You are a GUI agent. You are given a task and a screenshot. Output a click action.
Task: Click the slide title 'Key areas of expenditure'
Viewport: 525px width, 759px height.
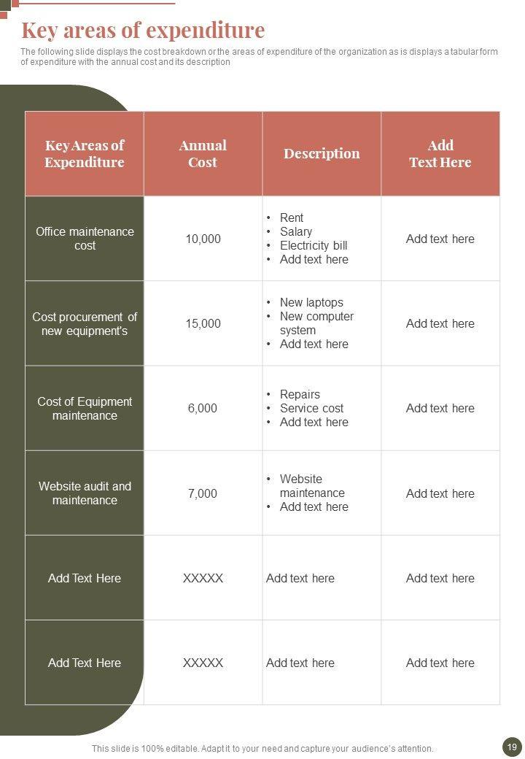pos(143,31)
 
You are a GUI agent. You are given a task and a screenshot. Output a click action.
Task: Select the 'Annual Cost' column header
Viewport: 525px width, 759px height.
pos(203,154)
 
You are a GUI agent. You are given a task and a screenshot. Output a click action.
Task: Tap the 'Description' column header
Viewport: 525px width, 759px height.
pos(322,153)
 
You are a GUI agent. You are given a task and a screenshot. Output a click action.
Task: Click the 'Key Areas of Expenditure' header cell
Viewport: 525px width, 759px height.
pos(85,154)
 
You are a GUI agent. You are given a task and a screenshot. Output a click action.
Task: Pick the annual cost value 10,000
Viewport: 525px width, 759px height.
pos(203,239)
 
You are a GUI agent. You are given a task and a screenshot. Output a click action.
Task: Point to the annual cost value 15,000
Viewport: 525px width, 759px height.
pos(203,323)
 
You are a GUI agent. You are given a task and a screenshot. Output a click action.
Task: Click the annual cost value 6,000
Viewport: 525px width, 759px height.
pos(203,408)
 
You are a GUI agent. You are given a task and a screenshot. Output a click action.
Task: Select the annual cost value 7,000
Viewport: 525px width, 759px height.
pos(203,493)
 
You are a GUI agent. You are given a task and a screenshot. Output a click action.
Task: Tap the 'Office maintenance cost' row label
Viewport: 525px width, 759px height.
pos(85,239)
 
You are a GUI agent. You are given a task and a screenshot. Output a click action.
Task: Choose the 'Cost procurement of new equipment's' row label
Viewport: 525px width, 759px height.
pos(85,323)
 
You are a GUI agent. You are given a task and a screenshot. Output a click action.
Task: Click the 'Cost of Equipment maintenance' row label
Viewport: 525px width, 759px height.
pos(85,408)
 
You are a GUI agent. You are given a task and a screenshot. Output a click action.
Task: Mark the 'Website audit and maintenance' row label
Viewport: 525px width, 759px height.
pos(85,493)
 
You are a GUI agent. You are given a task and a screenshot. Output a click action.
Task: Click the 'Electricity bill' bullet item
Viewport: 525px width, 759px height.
pos(314,245)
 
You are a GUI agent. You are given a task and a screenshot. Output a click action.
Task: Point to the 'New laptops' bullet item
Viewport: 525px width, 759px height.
pos(311,302)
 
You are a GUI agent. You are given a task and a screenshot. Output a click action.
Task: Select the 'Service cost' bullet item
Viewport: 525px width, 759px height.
pos(311,408)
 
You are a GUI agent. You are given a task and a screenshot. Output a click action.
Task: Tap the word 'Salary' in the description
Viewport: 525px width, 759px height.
pos(296,231)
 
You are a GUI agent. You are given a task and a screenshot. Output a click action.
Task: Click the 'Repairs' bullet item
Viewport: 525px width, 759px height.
pos(300,394)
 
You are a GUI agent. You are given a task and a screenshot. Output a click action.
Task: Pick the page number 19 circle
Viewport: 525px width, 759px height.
pos(511,747)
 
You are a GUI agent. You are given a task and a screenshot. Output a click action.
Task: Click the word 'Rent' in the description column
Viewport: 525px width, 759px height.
pos(292,217)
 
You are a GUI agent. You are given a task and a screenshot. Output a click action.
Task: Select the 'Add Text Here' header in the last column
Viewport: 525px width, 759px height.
pos(440,154)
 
